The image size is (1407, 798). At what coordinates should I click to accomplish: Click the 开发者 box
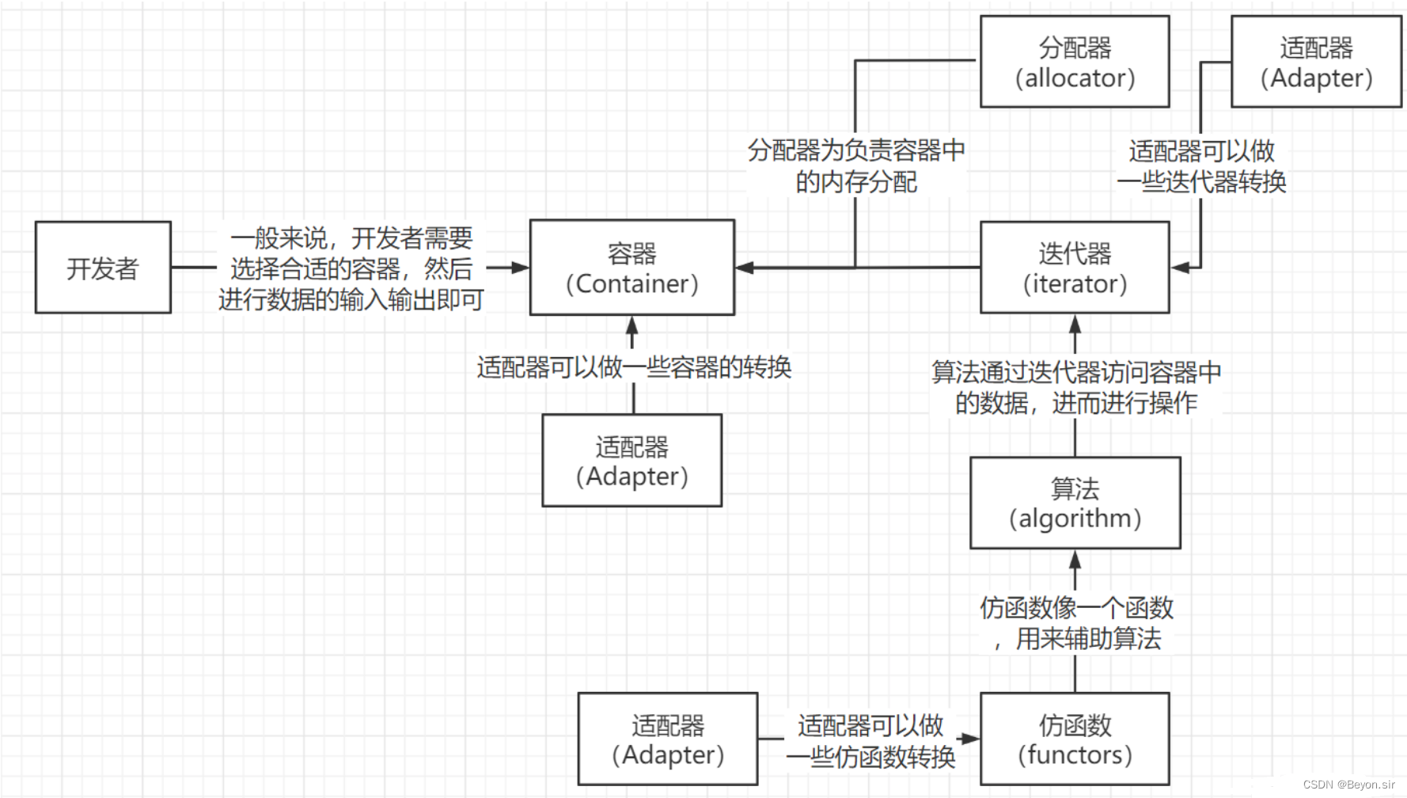tap(103, 268)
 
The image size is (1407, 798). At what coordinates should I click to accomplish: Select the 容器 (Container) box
tap(631, 268)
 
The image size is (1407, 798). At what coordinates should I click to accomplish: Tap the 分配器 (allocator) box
tap(1074, 62)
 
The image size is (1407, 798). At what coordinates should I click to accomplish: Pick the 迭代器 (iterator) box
tap(1074, 268)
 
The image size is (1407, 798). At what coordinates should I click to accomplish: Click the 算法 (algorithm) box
tap(1075, 503)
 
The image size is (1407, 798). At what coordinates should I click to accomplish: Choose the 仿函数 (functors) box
tap(1074, 739)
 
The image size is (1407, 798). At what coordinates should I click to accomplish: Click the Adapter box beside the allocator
tap(1316, 62)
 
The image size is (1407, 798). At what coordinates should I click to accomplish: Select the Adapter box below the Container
tap(631, 460)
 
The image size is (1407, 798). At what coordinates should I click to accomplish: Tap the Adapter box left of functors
tap(667, 739)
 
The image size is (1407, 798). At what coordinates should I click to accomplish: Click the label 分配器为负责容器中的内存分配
tap(855, 165)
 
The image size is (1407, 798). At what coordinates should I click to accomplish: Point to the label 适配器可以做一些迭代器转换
tap(1200, 165)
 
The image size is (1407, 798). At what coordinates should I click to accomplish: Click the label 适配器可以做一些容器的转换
tap(633, 367)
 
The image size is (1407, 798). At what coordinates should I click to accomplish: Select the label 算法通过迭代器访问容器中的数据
tap(1075, 387)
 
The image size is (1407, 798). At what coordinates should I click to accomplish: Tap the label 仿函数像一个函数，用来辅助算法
tap(1075, 623)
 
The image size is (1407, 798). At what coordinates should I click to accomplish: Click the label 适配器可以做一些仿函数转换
tap(870, 740)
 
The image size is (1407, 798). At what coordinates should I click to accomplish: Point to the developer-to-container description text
tap(351, 268)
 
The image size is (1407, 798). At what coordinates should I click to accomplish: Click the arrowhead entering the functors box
tap(970, 739)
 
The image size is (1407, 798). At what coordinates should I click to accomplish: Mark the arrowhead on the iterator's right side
tap(1180, 268)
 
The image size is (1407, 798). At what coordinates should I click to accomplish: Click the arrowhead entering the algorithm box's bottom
tap(1075, 559)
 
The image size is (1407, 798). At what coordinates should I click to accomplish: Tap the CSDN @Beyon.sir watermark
tap(1348, 785)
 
